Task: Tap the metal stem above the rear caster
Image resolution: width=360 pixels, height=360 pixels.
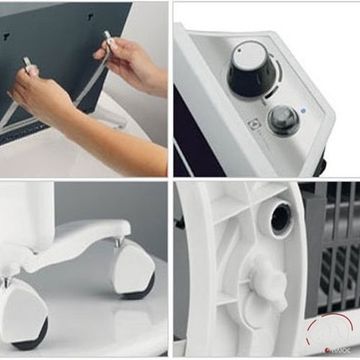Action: pyautogui.click(x=122, y=244)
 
